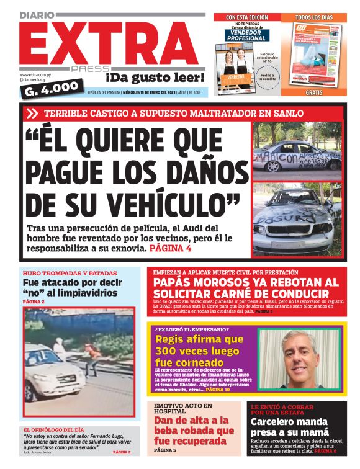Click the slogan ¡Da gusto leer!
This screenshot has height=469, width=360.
[x=155, y=78]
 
